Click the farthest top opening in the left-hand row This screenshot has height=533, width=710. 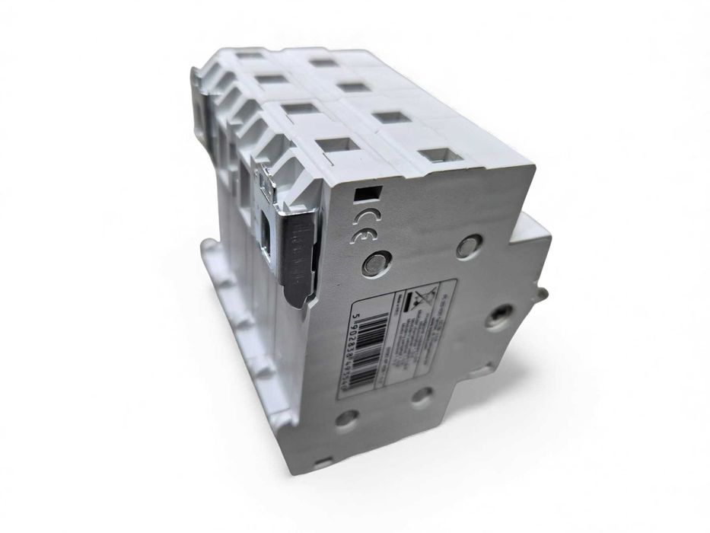247,55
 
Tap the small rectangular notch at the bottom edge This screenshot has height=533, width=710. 323,462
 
